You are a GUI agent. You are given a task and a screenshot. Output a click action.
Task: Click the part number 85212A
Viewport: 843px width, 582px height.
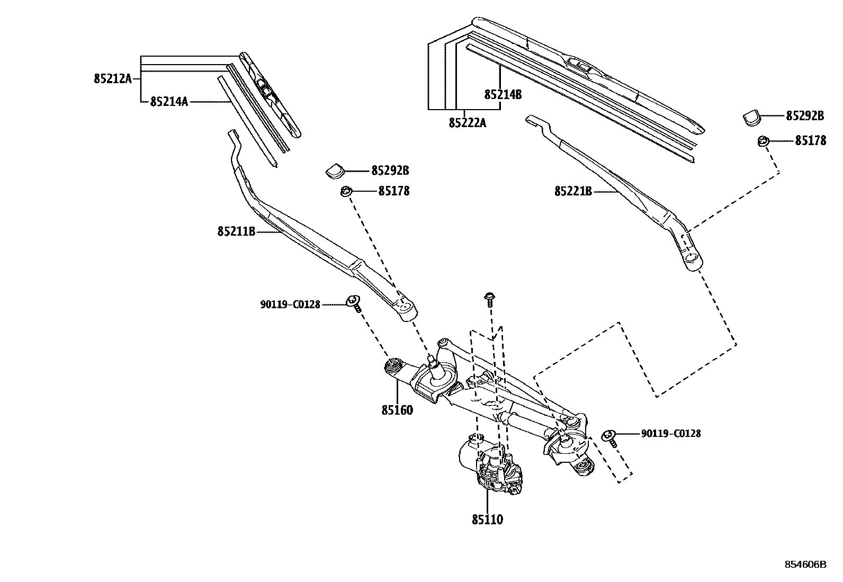tap(113, 79)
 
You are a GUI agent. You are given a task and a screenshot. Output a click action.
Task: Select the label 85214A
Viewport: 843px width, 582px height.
tap(169, 101)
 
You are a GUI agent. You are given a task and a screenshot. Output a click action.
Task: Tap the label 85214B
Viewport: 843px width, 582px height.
tap(503, 95)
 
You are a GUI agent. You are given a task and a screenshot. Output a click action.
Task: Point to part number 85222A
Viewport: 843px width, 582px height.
tap(467, 123)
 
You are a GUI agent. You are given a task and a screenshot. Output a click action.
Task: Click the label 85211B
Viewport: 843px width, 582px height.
tap(236, 231)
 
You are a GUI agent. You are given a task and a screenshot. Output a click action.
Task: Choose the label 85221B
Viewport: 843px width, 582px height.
tap(573, 191)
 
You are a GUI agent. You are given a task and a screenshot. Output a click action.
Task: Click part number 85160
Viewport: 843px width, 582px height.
tap(397, 410)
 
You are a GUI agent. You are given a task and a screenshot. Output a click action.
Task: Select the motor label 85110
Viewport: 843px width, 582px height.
tap(487, 520)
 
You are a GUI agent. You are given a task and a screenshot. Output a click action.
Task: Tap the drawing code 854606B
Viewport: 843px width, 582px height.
tap(805, 565)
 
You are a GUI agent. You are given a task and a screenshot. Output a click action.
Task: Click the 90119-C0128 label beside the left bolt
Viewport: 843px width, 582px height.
tap(290, 305)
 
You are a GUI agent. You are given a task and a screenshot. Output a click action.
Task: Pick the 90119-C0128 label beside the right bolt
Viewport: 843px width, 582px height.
tap(671, 434)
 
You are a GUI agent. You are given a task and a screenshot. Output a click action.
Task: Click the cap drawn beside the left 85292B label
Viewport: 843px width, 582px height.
tap(335, 170)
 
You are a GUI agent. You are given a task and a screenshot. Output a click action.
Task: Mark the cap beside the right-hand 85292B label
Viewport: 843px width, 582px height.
tap(751, 117)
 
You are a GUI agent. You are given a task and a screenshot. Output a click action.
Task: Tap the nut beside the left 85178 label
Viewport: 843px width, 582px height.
tap(346, 191)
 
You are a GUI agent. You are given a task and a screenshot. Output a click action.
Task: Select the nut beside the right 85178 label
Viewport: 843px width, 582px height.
tap(763, 141)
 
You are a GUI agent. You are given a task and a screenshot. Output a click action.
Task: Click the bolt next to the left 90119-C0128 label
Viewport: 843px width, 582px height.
tap(354, 303)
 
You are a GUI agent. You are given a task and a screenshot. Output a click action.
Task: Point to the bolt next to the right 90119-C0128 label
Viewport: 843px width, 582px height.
tap(610, 438)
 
